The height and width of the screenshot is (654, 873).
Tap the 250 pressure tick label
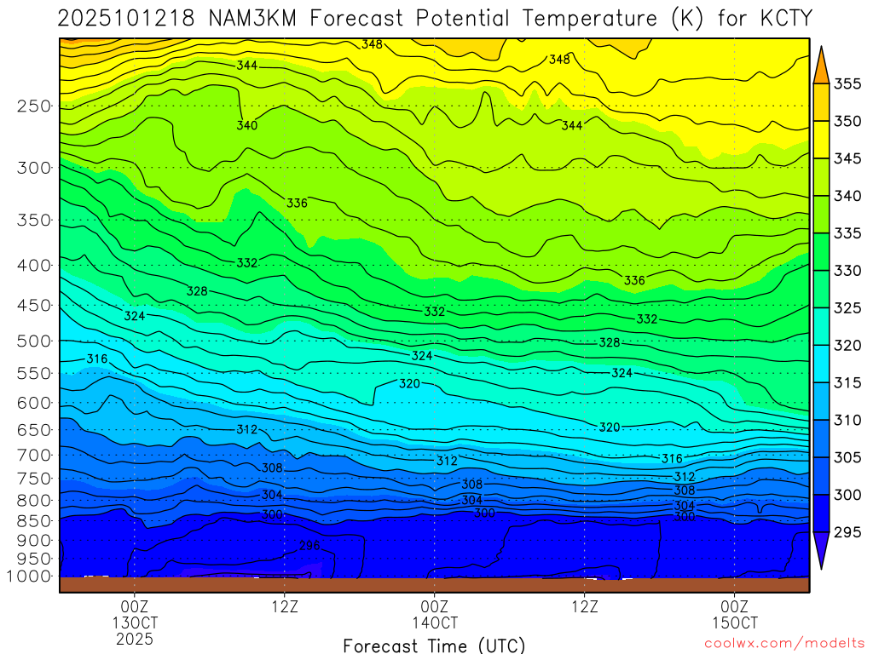pyautogui.click(x=34, y=106)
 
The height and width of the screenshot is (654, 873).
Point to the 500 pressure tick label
pyautogui.click(x=34, y=341)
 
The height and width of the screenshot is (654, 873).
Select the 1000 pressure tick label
pyautogui.click(x=30, y=577)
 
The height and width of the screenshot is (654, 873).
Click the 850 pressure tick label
pyautogui.click(x=34, y=520)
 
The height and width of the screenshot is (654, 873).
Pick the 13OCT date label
pyautogui.click(x=134, y=622)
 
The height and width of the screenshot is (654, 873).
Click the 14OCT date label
pyautogui.click(x=434, y=622)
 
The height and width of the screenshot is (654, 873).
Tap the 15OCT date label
pyautogui.click(x=734, y=622)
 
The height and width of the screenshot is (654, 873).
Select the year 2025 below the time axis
pyautogui.click(x=134, y=639)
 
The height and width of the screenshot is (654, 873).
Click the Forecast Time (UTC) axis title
pyautogui.click(x=434, y=645)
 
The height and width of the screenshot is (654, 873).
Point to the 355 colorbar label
pyautogui.click(x=847, y=83)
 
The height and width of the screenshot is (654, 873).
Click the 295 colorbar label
pyautogui.click(x=847, y=532)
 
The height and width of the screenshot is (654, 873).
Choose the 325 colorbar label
pyautogui.click(x=847, y=307)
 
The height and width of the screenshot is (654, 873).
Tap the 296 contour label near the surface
pyautogui.click(x=310, y=545)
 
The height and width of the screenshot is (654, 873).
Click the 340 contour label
pyautogui.click(x=247, y=126)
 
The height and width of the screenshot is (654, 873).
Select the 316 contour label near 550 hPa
pyautogui.click(x=97, y=359)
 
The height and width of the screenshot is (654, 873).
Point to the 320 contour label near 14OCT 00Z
pyautogui.click(x=409, y=384)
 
